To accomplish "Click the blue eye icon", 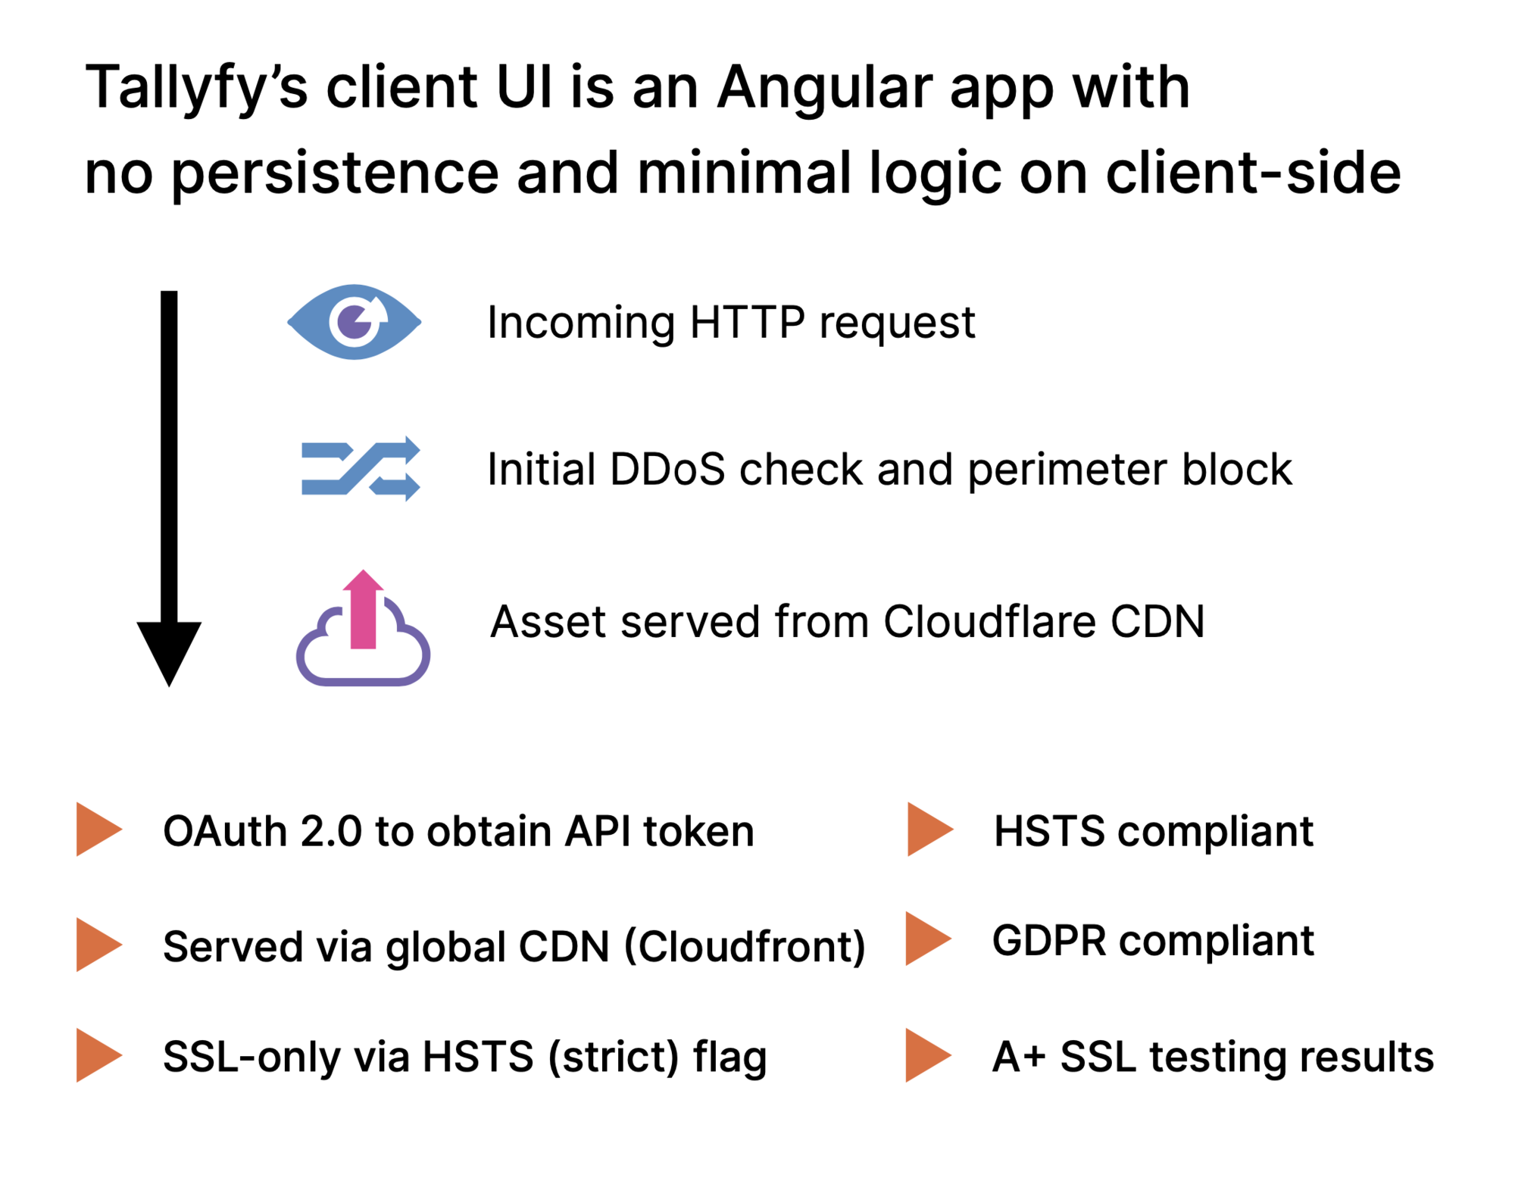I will point(354,322).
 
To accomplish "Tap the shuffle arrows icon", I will point(361,469).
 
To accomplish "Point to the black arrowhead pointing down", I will point(169,651).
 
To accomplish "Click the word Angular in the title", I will point(824,87).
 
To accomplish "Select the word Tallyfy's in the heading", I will point(196,87).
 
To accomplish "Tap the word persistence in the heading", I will point(335,173).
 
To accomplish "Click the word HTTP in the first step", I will point(747,323).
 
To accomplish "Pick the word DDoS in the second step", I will point(667,470).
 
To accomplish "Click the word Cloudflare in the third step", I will point(989,622).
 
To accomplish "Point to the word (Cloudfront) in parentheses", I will point(745,947).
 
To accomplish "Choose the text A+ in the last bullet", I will point(1019,1057).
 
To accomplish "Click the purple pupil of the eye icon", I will point(353,322).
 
